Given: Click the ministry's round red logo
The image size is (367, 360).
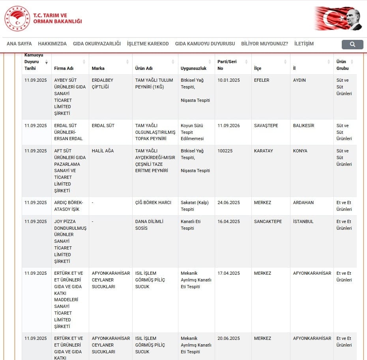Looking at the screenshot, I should point(17,19).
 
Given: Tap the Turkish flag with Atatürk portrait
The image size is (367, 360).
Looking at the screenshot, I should point(338,18).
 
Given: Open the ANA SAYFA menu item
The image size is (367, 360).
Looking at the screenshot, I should point(19,44).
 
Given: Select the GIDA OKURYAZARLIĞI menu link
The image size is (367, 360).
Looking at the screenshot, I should point(97,44).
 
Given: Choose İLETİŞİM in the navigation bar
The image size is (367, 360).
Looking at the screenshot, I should point(304,44).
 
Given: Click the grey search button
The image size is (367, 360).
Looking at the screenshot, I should point(352,44).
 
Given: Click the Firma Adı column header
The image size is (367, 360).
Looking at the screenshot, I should point(64,68).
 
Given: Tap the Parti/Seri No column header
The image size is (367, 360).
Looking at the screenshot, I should point(227,65).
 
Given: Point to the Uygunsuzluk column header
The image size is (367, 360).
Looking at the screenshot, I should point(193,68).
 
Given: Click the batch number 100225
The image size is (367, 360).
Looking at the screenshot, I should point(226,151).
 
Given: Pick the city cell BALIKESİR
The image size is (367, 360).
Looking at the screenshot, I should point(303,126).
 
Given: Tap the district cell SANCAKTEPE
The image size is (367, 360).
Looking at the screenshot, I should point(268,221).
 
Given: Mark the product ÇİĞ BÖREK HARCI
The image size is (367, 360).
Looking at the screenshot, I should point(153,202).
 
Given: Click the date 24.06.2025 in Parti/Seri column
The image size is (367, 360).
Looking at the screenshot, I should point(228,202).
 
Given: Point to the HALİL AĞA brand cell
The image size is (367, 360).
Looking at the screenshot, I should point(103,151).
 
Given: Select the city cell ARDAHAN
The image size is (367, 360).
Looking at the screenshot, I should point(303,202).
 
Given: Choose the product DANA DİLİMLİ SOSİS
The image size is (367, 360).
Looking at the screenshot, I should point(149,225).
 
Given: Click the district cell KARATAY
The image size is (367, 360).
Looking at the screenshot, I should point(263,151).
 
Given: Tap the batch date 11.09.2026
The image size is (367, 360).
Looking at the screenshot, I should point(228,126).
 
